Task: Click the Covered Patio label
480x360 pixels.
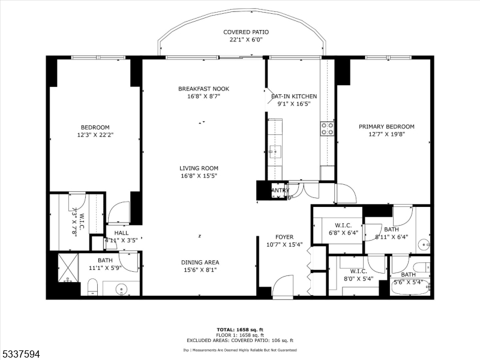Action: click(245, 32)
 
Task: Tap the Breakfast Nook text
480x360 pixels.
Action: click(203, 89)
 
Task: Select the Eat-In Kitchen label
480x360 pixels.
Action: click(293, 96)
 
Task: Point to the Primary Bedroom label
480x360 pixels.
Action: click(386, 127)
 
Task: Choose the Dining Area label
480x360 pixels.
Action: click(200, 262)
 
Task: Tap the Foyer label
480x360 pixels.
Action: click(284, 237)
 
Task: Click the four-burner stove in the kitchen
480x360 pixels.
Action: click(328, 128)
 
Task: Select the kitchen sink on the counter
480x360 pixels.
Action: click(275, 150)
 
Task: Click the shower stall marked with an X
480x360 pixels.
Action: click(69, 268)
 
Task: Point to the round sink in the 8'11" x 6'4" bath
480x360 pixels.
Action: click(424, 244)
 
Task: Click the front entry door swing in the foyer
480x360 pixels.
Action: click(282, 285)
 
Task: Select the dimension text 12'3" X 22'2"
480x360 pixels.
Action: click(95, 135)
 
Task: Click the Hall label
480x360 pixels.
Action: click(121, 233)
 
